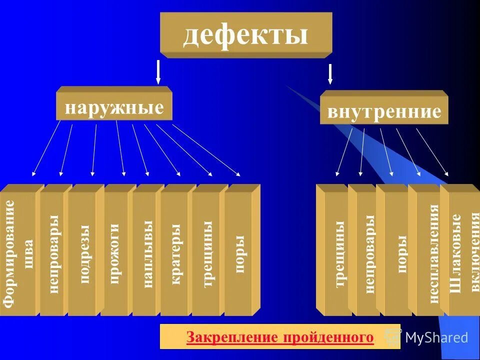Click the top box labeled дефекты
click(245, 34)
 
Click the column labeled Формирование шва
click(19, 253)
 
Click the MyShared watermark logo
click(430, 337)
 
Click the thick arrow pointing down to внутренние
click(330, 74)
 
